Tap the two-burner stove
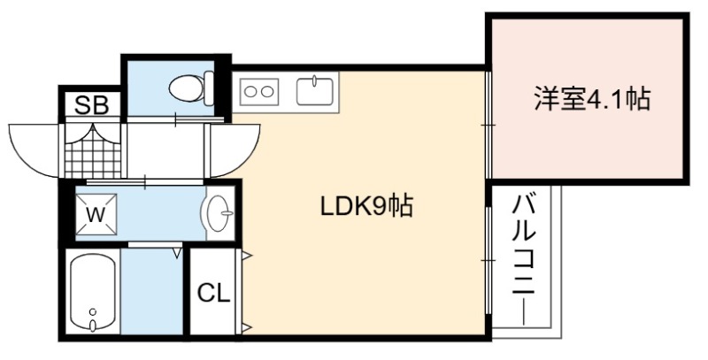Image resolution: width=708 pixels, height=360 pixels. point(258,92)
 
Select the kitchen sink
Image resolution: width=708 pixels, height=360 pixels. point(315,91)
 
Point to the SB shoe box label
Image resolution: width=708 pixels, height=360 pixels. point(92,105)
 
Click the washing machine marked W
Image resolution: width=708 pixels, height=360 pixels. point(96,215)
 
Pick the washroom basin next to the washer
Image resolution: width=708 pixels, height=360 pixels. point(218,213)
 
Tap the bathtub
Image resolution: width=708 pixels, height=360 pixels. point(93,292)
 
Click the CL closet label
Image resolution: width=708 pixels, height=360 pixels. point(213,295)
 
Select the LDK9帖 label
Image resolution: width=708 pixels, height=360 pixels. point(366,207)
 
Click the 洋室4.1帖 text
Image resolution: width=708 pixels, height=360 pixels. point(592,99)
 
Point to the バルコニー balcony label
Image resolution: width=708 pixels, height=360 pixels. point(524,257)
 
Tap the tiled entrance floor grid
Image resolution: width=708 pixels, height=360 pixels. point(93,151)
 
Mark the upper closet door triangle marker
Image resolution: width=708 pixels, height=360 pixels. point(246,257)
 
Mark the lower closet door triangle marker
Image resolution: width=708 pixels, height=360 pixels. point(246,327)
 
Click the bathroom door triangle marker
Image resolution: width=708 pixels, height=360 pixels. point(178,253)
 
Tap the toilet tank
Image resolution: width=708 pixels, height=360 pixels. point(209,88)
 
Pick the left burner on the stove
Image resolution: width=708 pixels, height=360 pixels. point(250,92)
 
